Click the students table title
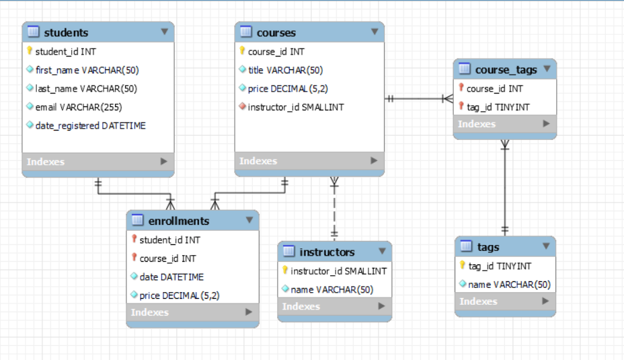(x=66, y=32)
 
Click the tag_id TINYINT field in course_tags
(x=498, y=107)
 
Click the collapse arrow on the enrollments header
(x=249, y=220)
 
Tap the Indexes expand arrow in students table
(x=163, y=161)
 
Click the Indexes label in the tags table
(x=478, y=301)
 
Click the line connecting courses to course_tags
(x=417, y=99)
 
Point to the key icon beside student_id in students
(x=30, y=51)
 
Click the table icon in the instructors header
(x=288, y=252)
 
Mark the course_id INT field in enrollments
(x=167, y=258)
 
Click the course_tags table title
(x=506, y=69)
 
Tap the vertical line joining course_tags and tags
(x=505, y=188)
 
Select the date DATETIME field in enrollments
(x=171, y=277)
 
